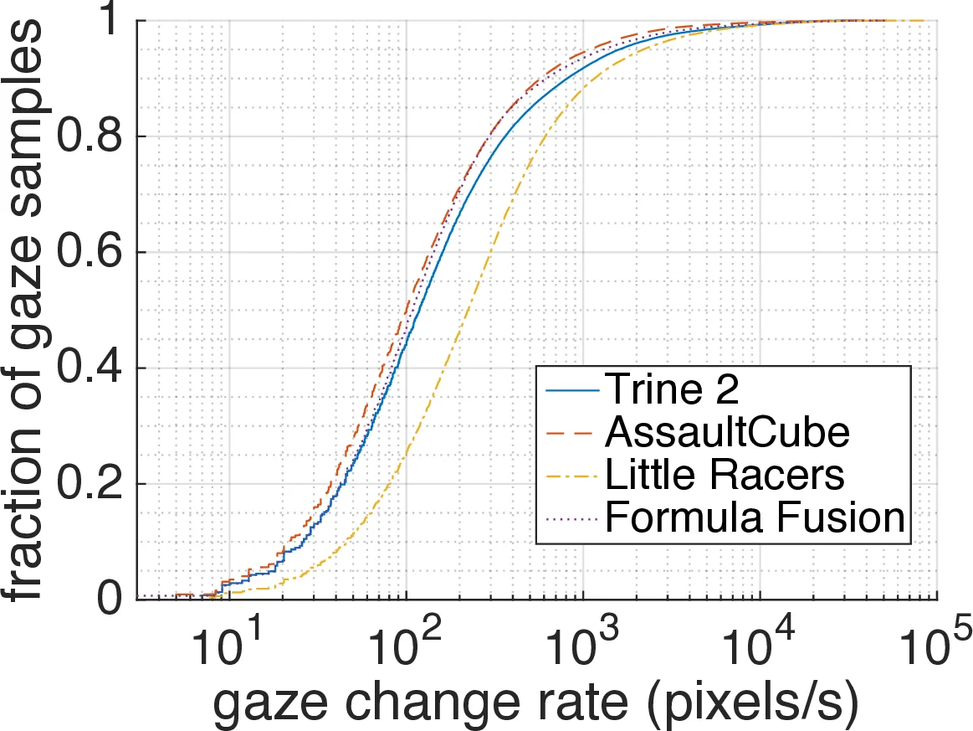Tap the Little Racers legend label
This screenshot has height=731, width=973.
[x=724, y=475]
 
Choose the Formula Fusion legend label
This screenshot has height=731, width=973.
[x=755, y=518]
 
